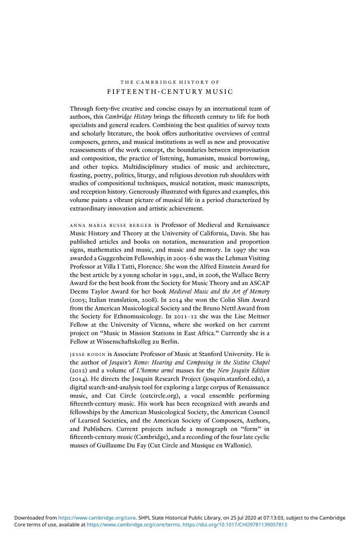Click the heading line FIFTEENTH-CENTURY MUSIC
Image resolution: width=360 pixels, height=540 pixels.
click(x=170, y=92)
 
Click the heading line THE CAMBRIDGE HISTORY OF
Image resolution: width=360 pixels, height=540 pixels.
click(x=170, y=82)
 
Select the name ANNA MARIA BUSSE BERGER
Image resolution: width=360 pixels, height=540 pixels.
click(x=111, y=225)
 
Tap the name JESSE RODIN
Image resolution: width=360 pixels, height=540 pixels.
click(x=88, y=354)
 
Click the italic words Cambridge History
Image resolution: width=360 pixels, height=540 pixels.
click(x=128, y=117)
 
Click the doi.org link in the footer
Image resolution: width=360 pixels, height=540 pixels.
click(x=235, y=524)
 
